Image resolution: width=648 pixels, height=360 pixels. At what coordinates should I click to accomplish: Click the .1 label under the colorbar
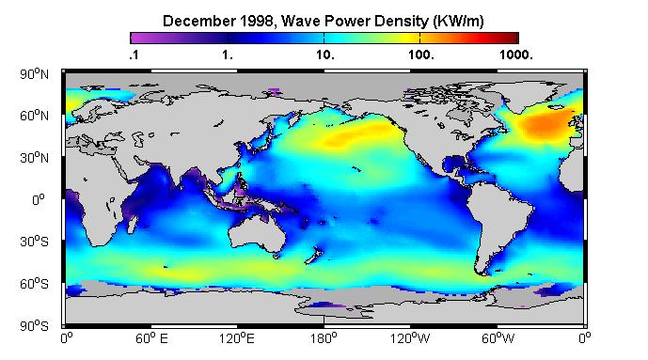[x=134, y=55]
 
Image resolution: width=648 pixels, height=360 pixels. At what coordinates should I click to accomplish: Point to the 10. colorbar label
[x=325, y=55]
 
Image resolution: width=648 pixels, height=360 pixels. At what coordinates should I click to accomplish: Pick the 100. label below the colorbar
[x=421, y=55]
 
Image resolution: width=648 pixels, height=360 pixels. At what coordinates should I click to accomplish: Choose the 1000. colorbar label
[x=516, y=55]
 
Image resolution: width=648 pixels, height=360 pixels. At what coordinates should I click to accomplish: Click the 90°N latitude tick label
[x=34, y=74]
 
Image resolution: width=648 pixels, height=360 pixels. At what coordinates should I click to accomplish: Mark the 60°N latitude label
[x=34, y=116]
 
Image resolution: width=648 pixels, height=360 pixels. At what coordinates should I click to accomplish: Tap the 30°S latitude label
[x=34, y=242]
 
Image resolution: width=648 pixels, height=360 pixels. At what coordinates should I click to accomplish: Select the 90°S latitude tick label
[x=34, y=326]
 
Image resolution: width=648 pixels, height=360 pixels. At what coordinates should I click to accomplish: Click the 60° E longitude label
[x=151, y=339]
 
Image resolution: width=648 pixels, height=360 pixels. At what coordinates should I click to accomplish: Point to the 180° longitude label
[x=324, y=339]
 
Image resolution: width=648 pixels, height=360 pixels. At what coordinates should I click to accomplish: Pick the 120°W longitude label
[x=410, y=339]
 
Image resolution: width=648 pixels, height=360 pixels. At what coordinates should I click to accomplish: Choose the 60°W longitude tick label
[x=498, y=339]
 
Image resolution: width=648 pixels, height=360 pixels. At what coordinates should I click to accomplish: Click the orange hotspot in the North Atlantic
[x=545, y=125]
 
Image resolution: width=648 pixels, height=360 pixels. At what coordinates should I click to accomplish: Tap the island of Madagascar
[x=133, y=224]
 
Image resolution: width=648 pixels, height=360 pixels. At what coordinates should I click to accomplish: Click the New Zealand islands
[x=313, y=255]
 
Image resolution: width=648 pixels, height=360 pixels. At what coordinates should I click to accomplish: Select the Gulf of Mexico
[x=453, y=164]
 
